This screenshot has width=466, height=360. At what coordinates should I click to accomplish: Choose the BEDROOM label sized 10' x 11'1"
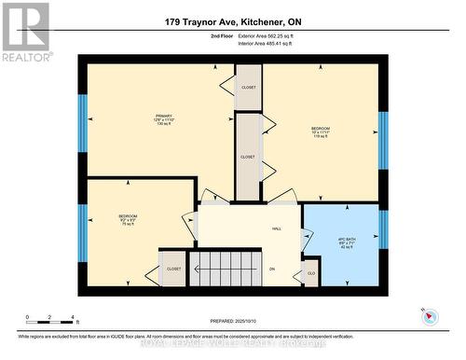click(x=321, y=132)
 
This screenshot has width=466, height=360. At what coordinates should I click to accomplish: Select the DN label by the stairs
click(x=272, y=270)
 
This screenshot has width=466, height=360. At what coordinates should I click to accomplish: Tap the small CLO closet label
click(x=310, y=274)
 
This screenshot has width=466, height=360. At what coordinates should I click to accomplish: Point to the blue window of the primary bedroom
click(x=82, y=122)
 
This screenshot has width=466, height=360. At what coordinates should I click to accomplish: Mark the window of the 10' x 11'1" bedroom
click(x=383, y=140)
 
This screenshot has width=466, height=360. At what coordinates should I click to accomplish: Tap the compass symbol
click(x=430, y=315)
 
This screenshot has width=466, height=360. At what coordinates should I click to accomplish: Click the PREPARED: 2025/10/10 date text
click(x=233, y=321)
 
